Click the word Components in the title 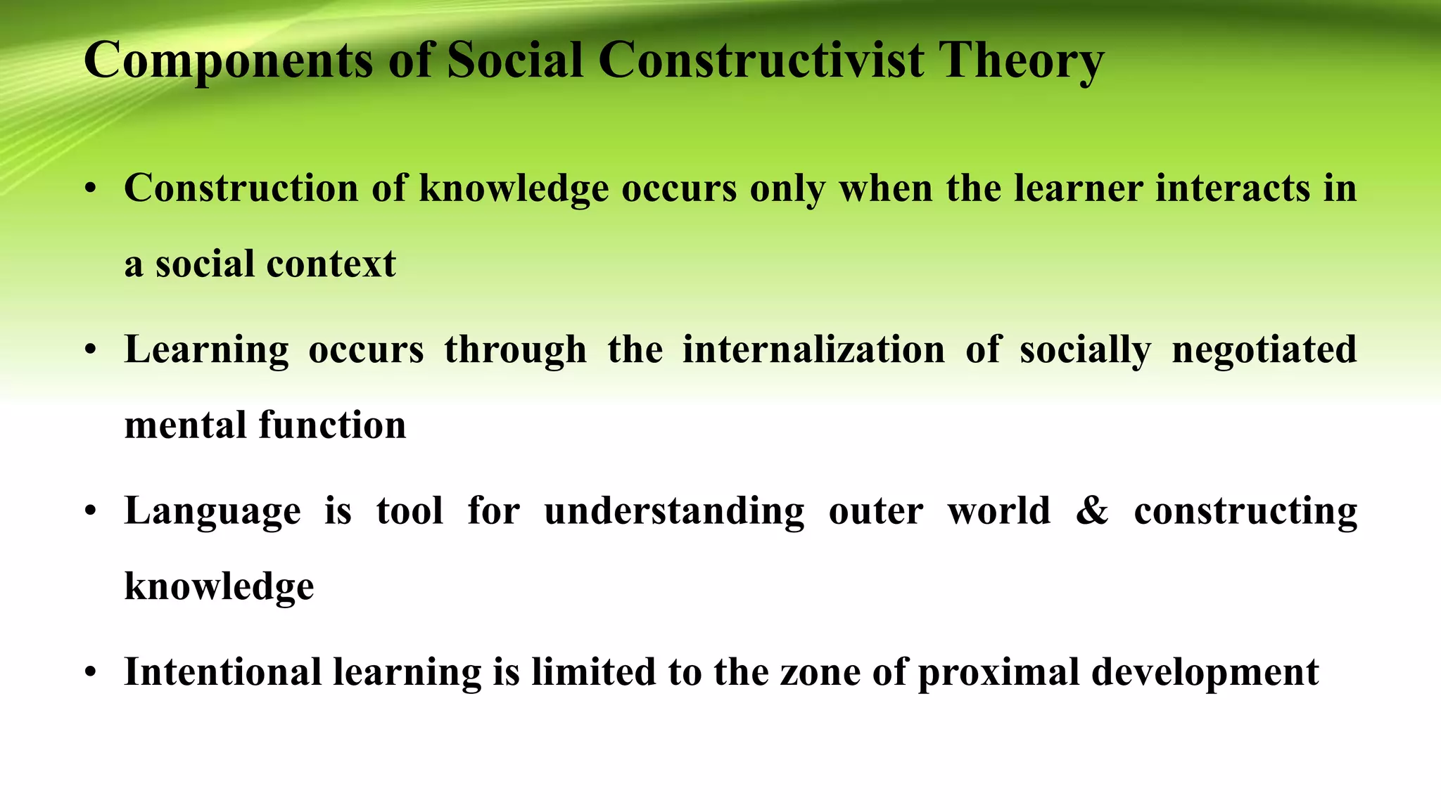228,60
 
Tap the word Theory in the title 1021,60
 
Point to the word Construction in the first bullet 241,188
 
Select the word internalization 813,349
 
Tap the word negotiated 1264,349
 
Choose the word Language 212,511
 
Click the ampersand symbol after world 1091,510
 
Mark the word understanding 674,511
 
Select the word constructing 1245,511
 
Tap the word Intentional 222,671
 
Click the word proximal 998,672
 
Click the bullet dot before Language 90,512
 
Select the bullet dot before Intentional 90,673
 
